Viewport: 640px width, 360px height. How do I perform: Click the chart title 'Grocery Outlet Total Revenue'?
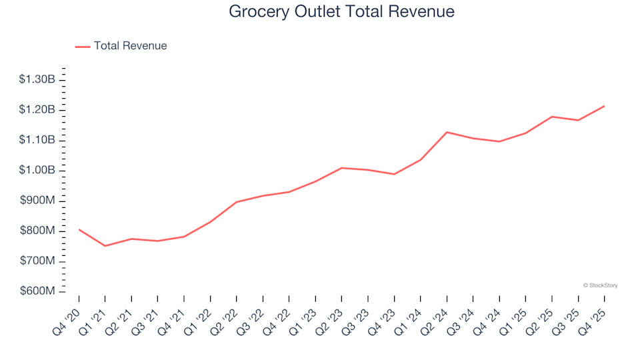tap(341, 11)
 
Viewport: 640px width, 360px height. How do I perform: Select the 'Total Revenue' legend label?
tap(130, 46)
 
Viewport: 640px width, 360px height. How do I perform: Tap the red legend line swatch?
tap(83, 47)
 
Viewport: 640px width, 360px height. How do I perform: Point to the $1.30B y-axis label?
tap(37, 79)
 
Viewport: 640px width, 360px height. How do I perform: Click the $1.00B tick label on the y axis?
tap(37, 171)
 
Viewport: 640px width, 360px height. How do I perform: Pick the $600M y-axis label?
tap(38, 292)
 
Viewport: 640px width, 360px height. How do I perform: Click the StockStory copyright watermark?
tap(600, 285)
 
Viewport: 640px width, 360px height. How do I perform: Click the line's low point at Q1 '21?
tap(105, 246)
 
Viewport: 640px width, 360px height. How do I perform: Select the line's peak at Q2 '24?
tap(447, 132)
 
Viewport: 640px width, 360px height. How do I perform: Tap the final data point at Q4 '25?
tap(604, 106)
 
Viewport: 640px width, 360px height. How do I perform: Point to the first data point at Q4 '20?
tap(79, 229)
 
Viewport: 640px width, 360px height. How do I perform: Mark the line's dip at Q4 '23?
tap(394, 174)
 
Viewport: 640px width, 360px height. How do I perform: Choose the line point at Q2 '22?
tap(237, 202)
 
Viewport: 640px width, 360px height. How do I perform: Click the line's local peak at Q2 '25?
tap(552, 117)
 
